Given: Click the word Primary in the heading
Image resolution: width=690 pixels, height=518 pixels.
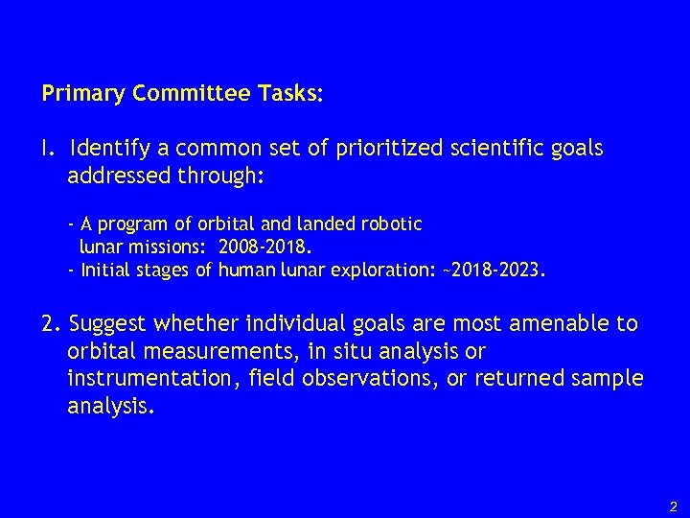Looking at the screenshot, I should pos(78,95).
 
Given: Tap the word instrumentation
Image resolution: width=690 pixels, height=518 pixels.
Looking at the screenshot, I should pos(146,379).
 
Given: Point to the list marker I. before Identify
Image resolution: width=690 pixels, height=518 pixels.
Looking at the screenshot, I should pos(47,150).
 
